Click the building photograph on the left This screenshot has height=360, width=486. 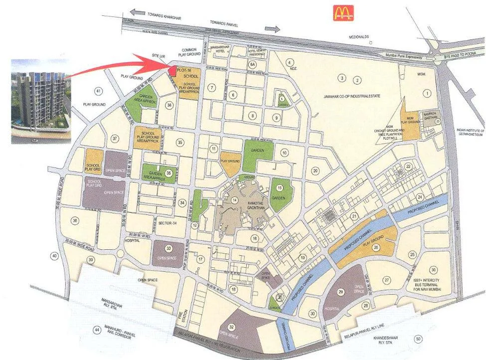[37, 101]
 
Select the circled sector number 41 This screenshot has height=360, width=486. [98, 91]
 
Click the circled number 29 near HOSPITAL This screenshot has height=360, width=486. [341, 291]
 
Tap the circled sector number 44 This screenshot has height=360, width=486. [97, 330]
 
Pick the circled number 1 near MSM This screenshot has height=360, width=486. [426, 93]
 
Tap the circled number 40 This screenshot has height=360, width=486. [54, 256]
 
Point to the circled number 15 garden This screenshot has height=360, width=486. [280, 187]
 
